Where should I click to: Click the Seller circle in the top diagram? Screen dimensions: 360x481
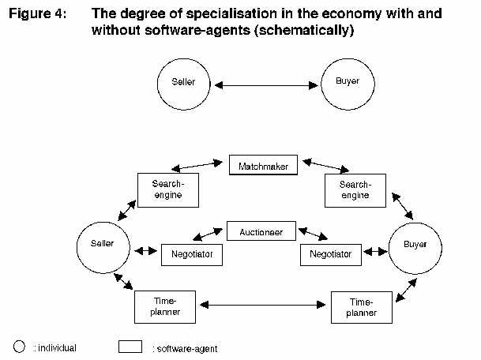click(184, 82)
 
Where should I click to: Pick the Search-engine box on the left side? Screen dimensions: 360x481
click(167, 189)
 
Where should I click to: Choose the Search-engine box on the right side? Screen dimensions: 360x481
click(355, 189)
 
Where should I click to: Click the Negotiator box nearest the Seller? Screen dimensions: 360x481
click(192, 254)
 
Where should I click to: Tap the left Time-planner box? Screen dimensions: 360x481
click(164, 306)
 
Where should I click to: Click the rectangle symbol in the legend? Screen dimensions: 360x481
click(130, 347)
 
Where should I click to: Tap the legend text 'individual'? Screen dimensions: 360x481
click(55, 347)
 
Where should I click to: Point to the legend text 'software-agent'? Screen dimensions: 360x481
click(185, 348)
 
